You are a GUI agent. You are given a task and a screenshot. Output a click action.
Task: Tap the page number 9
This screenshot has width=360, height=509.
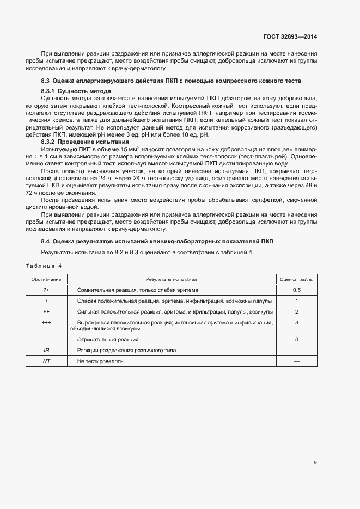tap(315, 463)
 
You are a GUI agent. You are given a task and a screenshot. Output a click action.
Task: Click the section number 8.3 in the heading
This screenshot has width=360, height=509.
tap(46, 81)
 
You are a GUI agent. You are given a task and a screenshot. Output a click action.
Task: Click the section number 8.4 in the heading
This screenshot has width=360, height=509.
tap(46, 241)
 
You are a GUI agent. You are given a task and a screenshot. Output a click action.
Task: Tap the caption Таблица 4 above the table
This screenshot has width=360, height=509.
tap(44, 266)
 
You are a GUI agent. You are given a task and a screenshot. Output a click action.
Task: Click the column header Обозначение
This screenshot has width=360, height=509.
tap(46, 279)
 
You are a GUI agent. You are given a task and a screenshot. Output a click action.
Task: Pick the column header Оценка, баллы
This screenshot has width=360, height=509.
tap(297, 279)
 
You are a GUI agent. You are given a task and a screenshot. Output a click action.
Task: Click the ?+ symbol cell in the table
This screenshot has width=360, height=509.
tap(46, 290)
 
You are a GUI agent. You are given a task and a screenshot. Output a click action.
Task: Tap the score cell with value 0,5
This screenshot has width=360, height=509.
tap(297, 290)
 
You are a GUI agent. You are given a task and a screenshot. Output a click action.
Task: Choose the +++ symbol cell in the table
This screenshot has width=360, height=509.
tap(46, 323)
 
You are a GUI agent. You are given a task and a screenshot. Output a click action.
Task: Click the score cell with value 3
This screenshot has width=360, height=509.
tap(297, 323)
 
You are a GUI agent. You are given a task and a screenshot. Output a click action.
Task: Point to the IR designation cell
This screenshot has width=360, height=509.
tap(46, 351)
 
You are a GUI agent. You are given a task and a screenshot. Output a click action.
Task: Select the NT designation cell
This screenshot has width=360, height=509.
tap(46, 361)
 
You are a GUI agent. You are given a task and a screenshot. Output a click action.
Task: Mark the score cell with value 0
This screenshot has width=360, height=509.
tap(297, 340)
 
